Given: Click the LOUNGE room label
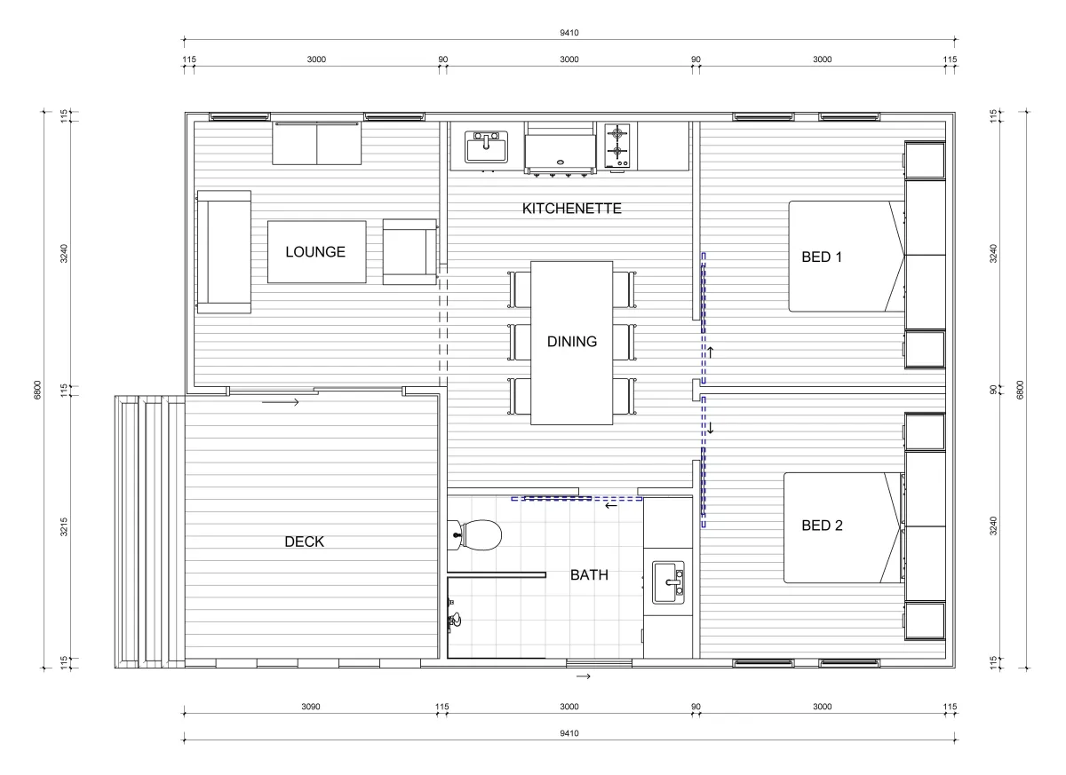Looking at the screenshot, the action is pyautogui.click(x=315, y=251).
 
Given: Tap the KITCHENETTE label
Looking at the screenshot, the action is pyautogui.click(x=571, y=209).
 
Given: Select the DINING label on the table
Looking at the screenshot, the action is pyautogui.click(x=571, y=342).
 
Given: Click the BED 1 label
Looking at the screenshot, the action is pyautogui.click(x=822, y=257).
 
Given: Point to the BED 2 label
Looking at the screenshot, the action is pyautogui.click(x=822, y=526).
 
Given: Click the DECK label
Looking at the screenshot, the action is pyautogui.click(x=304, y=542).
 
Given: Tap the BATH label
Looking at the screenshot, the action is pyautogui.click(x=589, y=575).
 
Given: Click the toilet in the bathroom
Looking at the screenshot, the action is pyautogui.click(x=475, y=535).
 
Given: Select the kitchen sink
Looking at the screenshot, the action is pyautogui.click(x=486, y=146).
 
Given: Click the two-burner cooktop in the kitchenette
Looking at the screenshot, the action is pyautogui.click(x=617, y=146).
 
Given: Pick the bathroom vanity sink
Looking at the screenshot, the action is pyautogui.click(x=668, y=582).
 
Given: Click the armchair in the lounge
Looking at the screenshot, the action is pyautogui.click(x=410, y=251).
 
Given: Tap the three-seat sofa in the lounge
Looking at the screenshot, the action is pyautogui.click(x=224, y=252).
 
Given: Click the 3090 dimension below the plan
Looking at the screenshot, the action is pyautogui.click(x=311, y=707).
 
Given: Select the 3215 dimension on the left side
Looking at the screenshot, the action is pyautogui.click(x=64, y=526).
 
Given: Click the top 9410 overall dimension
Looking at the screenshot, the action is pyautogui.click(x=569, y=33).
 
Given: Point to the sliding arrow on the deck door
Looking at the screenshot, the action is pyautogui.click(x=281, y=402).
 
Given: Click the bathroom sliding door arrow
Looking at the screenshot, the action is pyautogui.click(x=611, y=505).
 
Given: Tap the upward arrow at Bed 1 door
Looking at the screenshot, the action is pyautogui.click(x=710, y=352).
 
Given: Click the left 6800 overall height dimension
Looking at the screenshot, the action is pyautogui.click(x=37, y=390).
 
